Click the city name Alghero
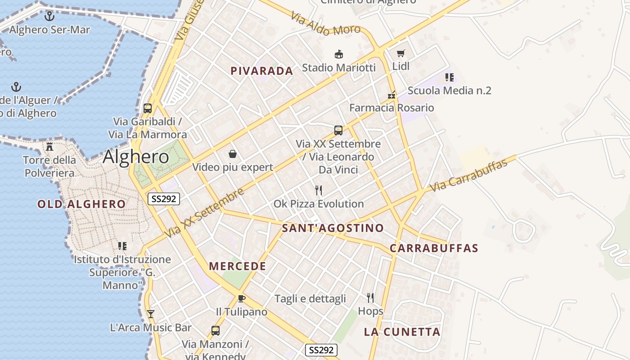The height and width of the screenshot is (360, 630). coord(136,157)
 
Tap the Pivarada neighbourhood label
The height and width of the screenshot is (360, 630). coord(261,71)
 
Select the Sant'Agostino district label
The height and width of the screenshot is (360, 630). coord(333,228)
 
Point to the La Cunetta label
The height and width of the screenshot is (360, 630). coord(402,332)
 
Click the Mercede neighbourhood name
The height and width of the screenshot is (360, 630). coord(238,266)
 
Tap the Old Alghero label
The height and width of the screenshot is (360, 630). coord(81,204)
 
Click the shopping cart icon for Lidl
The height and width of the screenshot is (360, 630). coord(400,54)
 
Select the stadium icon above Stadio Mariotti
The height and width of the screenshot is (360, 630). coord(338,55)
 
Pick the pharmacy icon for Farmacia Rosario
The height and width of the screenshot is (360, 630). coord(392,95)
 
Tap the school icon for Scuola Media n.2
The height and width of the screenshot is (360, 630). coord(449,77)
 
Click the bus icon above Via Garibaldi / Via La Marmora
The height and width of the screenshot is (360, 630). coord(148,108)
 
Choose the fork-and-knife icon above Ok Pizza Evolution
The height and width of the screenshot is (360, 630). coord(319,190)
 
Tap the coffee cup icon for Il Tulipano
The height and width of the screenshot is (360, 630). coord(241,298)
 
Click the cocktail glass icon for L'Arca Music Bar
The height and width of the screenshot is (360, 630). coord(151,314)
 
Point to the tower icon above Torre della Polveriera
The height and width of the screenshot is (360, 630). coord(49,147)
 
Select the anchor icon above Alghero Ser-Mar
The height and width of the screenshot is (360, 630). coord(49,17)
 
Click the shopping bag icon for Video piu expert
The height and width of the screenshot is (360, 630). coord(233,154)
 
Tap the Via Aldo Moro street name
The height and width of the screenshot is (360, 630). coord(325,24)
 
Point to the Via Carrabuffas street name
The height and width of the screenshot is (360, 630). coord(468,175)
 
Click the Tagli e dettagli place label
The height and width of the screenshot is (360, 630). coord(310,298)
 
